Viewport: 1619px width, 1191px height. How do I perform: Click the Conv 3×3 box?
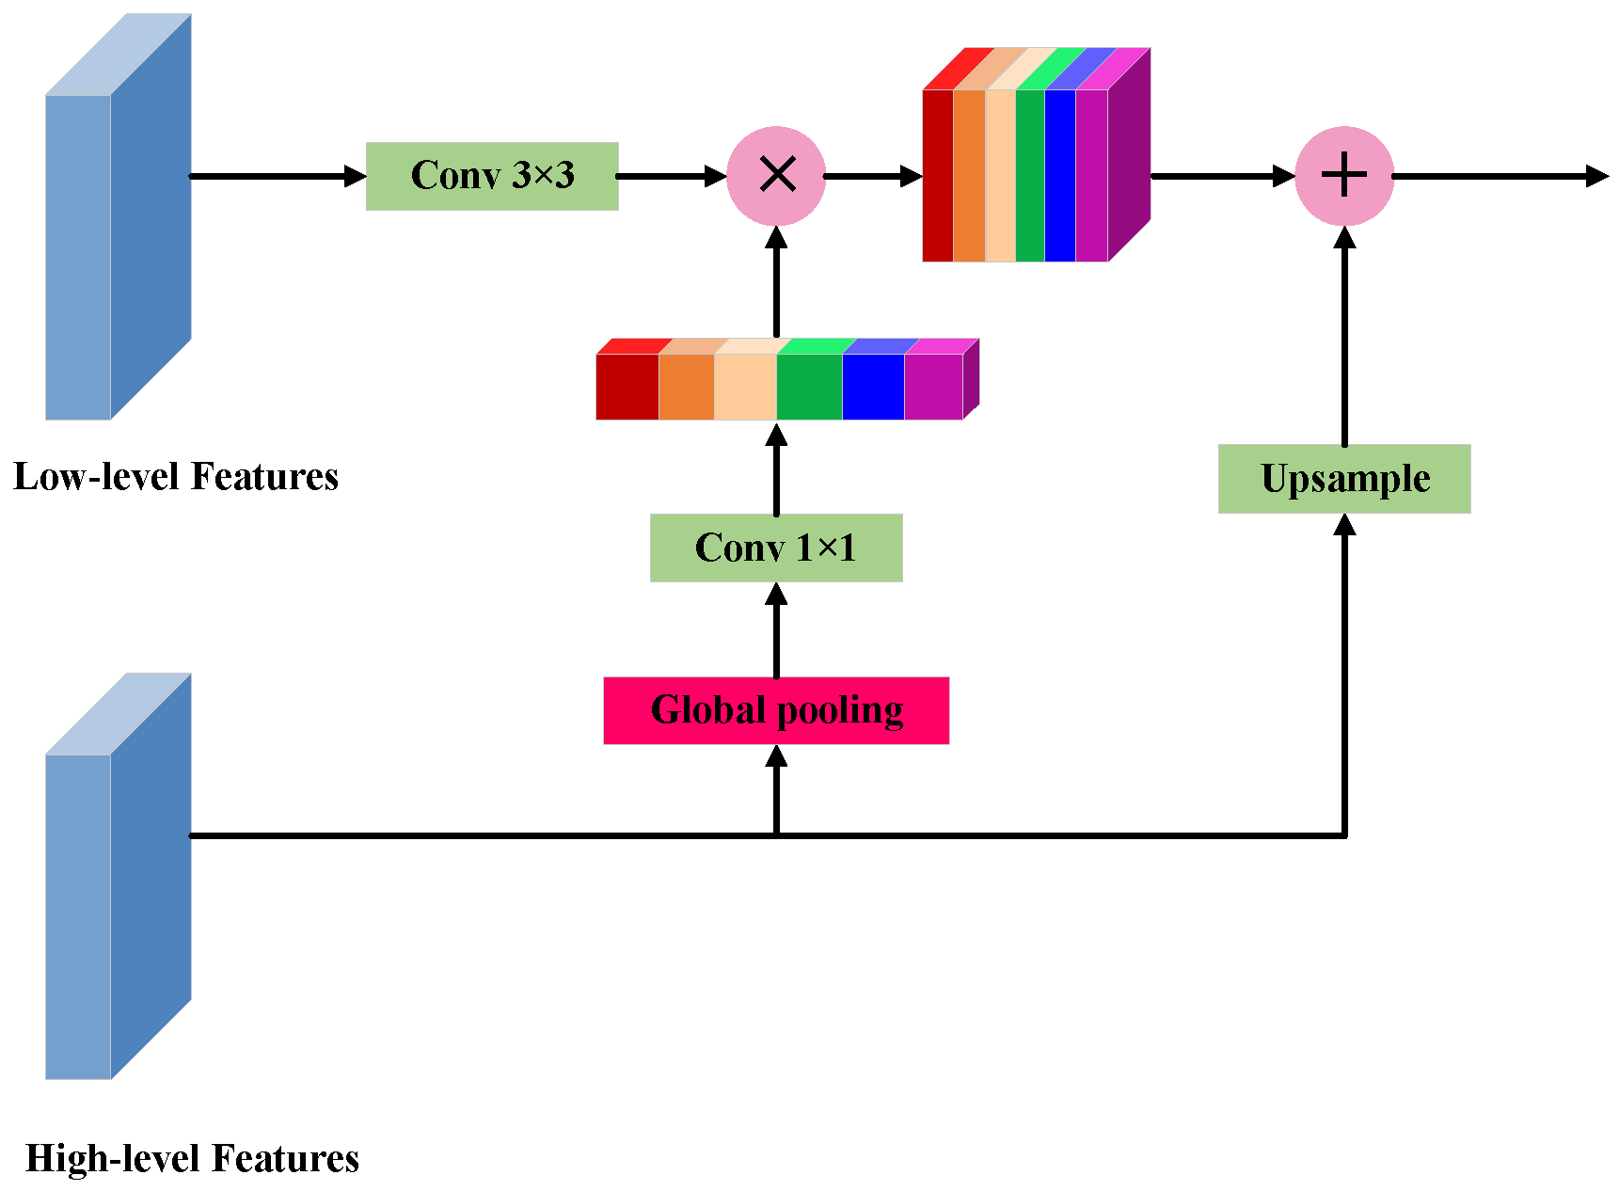[492, 176]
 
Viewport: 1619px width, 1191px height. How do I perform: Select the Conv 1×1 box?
[776, 548]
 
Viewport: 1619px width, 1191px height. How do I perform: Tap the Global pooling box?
[776, 710]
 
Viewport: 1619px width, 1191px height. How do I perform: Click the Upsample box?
[1344, 479]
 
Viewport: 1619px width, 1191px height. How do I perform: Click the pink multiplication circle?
[776, 176]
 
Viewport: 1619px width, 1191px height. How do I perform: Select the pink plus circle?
[1344, 176]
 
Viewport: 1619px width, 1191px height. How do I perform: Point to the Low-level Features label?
[176, 477]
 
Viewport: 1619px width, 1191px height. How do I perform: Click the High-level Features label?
[192, 1158]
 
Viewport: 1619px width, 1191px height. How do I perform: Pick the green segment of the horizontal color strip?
[809, 387]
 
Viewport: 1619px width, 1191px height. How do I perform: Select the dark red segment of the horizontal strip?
[627, 387]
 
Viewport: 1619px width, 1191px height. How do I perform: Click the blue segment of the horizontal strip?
[873, 387]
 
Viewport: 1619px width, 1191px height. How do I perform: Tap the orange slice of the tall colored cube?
[969, 176]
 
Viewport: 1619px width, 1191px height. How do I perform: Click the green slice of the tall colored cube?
[1030, 176]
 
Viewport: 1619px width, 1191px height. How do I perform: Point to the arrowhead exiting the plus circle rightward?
[1596, 176]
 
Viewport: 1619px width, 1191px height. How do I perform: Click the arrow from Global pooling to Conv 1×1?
[776, 630]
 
